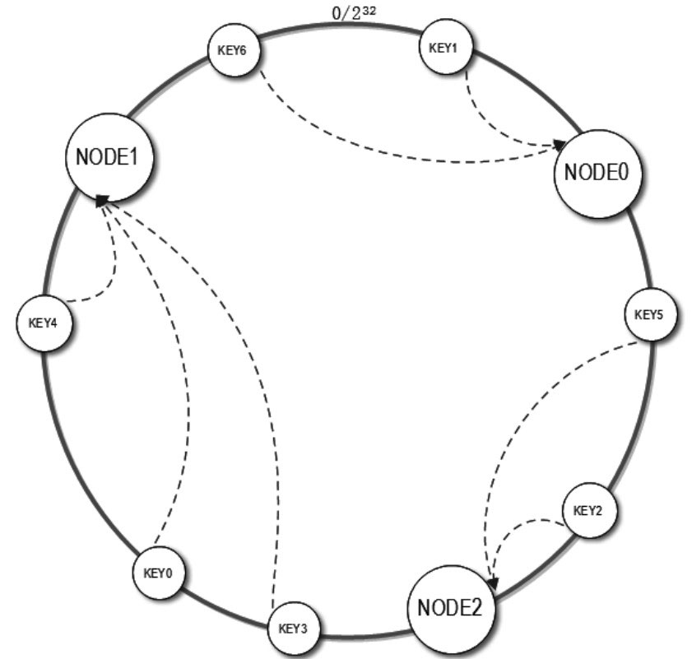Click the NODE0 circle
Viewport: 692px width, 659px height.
(x=598, y=173)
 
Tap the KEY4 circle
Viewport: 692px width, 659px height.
(x=43, y=322)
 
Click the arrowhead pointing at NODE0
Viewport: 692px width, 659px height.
(x=560, y=145)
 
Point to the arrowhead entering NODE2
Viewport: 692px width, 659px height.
(x=492, y=583)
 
